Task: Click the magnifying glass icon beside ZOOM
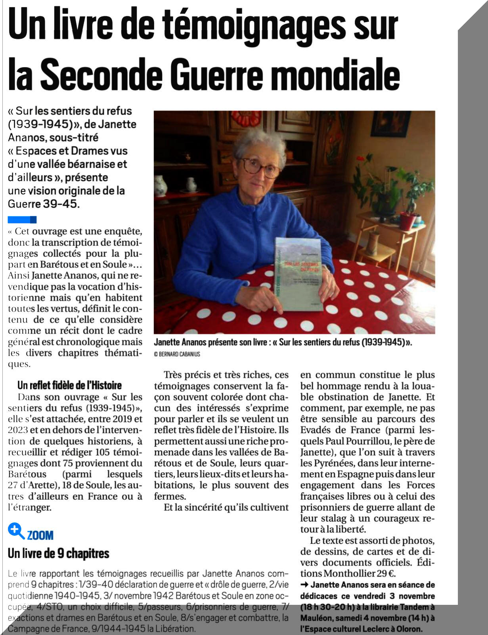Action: pos(16,531)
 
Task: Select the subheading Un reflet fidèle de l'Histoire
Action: pos(69,385)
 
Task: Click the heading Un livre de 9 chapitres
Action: pos(58,553)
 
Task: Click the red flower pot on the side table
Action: pos(407,221)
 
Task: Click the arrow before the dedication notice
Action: pos(304,585)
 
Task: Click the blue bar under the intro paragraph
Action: pos(22,219)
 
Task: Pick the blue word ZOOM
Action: pos(40,535)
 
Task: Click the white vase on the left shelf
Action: pos(160,186)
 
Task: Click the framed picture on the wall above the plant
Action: pos(390,124)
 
